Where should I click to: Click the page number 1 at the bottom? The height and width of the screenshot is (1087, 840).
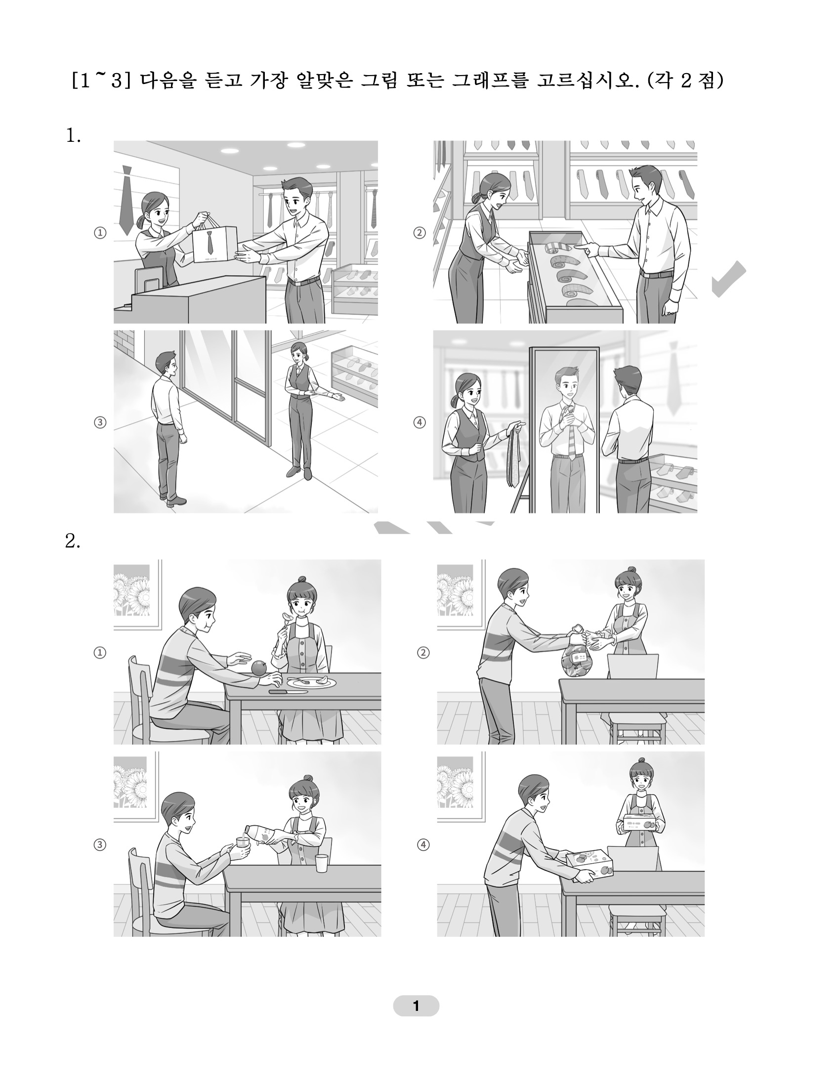click(x=416, y=1006)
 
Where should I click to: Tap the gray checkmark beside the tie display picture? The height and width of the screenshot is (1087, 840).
click(x=729, y=279)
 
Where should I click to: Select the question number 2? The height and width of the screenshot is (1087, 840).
click(x=73, y=542)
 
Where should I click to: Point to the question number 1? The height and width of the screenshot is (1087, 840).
click(x=73, y=135)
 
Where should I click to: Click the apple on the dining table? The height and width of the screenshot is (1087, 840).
click(x=260, y=668)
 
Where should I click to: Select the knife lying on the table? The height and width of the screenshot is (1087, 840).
click(x=283, y=691)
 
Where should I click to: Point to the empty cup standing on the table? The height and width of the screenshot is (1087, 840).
click(x=322, y=863)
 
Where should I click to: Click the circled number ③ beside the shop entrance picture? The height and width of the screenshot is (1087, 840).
click(x=100, y=422)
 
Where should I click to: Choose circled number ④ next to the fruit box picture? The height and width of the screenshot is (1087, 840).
click(x=423, y=844)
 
